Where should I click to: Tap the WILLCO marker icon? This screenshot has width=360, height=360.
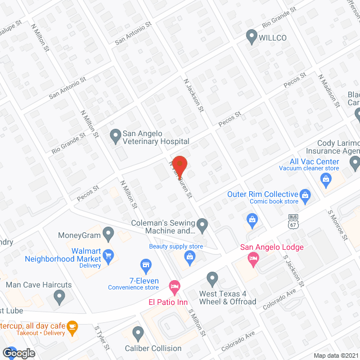(x=251, y=38)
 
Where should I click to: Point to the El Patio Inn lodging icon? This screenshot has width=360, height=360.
(x=174, y=287)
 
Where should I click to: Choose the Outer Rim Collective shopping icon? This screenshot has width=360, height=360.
(x=305, y=196)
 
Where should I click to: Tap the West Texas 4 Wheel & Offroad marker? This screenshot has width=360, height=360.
(x=212, y=278)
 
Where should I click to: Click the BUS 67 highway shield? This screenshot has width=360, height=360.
(x=292, y=220)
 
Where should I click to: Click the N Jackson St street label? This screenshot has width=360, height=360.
(x=193, y=94)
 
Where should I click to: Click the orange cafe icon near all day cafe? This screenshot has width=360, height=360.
(x=71, y=327)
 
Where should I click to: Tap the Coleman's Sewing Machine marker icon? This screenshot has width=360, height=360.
(x=203, y=226)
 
